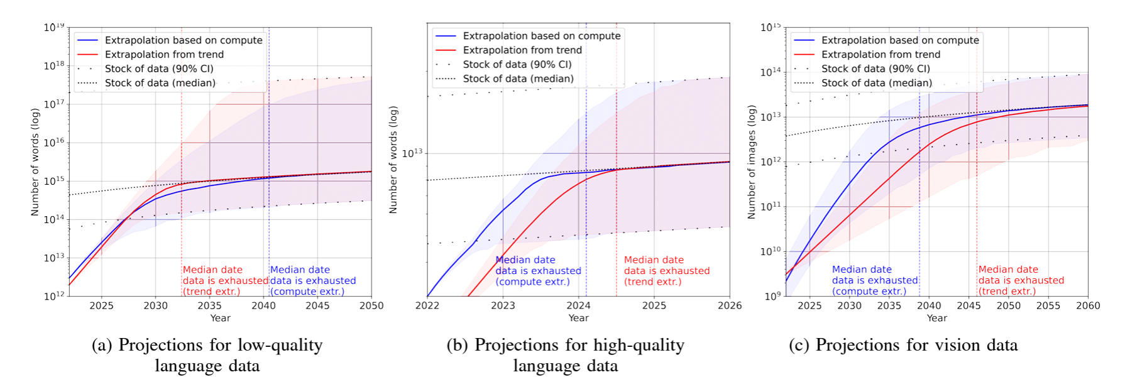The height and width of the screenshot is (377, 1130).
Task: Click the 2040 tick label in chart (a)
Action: [x=263, y=306]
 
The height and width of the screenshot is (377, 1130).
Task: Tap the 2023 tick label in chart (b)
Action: [x=503, y=306]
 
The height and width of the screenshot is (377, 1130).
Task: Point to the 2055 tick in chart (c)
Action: [x=1048, y=306]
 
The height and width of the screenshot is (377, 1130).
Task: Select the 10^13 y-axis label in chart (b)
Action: [x=412, y=153]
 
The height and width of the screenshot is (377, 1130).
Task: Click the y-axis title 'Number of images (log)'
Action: [x=751, y=162]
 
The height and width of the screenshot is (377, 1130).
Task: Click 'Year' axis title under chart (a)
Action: [x=220, y=319]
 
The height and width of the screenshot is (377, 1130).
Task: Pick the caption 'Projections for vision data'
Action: [x=903, y=345]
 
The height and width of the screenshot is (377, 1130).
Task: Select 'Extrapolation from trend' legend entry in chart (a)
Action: [x=164, y=55]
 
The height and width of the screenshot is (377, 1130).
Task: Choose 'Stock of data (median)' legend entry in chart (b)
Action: [x=518, y=79]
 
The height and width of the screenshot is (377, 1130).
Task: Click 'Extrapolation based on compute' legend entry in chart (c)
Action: [x=900, y=40]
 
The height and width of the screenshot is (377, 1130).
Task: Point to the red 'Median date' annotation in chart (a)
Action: [x=212, y=270]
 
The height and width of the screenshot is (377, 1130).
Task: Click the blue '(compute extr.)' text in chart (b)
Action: [x=532, y=281]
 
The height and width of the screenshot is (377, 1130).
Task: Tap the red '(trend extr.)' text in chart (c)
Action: [x=1007, y=291]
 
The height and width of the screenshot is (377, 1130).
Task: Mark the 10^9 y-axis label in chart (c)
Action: [x=772, y=295]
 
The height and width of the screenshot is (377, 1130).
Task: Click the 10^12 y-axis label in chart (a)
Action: [x=54, y=295]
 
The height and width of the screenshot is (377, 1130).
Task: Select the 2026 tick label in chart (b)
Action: [x=730, y=306]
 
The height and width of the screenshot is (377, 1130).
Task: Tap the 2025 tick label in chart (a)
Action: [x=101, y=306]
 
